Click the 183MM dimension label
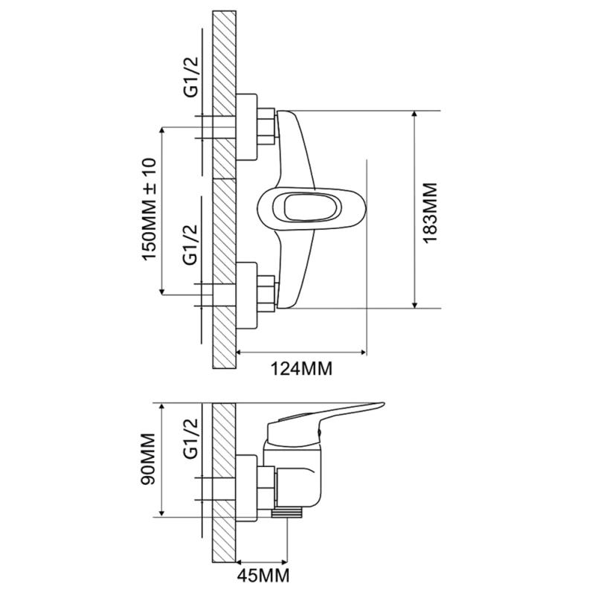[x=430, y=213]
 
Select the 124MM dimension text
[x=301, y=368]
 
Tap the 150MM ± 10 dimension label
[x=149, y=209]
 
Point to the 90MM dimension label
[x=148, y=459]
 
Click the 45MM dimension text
[x=263, y=575]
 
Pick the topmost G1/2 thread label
[x=191, y=77]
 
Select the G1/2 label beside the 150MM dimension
[x=190, y=245]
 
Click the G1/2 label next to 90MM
[x=190, y=439]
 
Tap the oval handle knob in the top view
[x=312, y=208]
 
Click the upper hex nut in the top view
[x=266, y=126]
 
